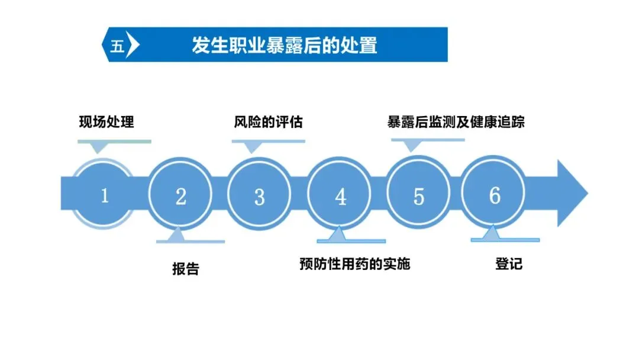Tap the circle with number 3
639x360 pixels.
pos(259,195)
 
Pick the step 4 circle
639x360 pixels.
pos(340,196)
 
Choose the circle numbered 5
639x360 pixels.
pos(419,195)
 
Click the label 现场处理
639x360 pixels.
pos(106,122)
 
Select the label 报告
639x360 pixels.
pos(186,269)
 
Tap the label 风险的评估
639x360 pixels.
pos(268,122)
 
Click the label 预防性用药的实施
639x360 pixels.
pos(354,263)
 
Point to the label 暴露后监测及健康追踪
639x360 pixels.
pos(456,122)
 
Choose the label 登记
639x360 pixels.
pos(509,263)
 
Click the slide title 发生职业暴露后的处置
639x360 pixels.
pos(284,45)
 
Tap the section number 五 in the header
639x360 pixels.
pos(117,46)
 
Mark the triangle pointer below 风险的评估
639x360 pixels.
pos(253,148)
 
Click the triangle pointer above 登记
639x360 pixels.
pos(490,234)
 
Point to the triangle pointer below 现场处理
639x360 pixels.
pos(98,148)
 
